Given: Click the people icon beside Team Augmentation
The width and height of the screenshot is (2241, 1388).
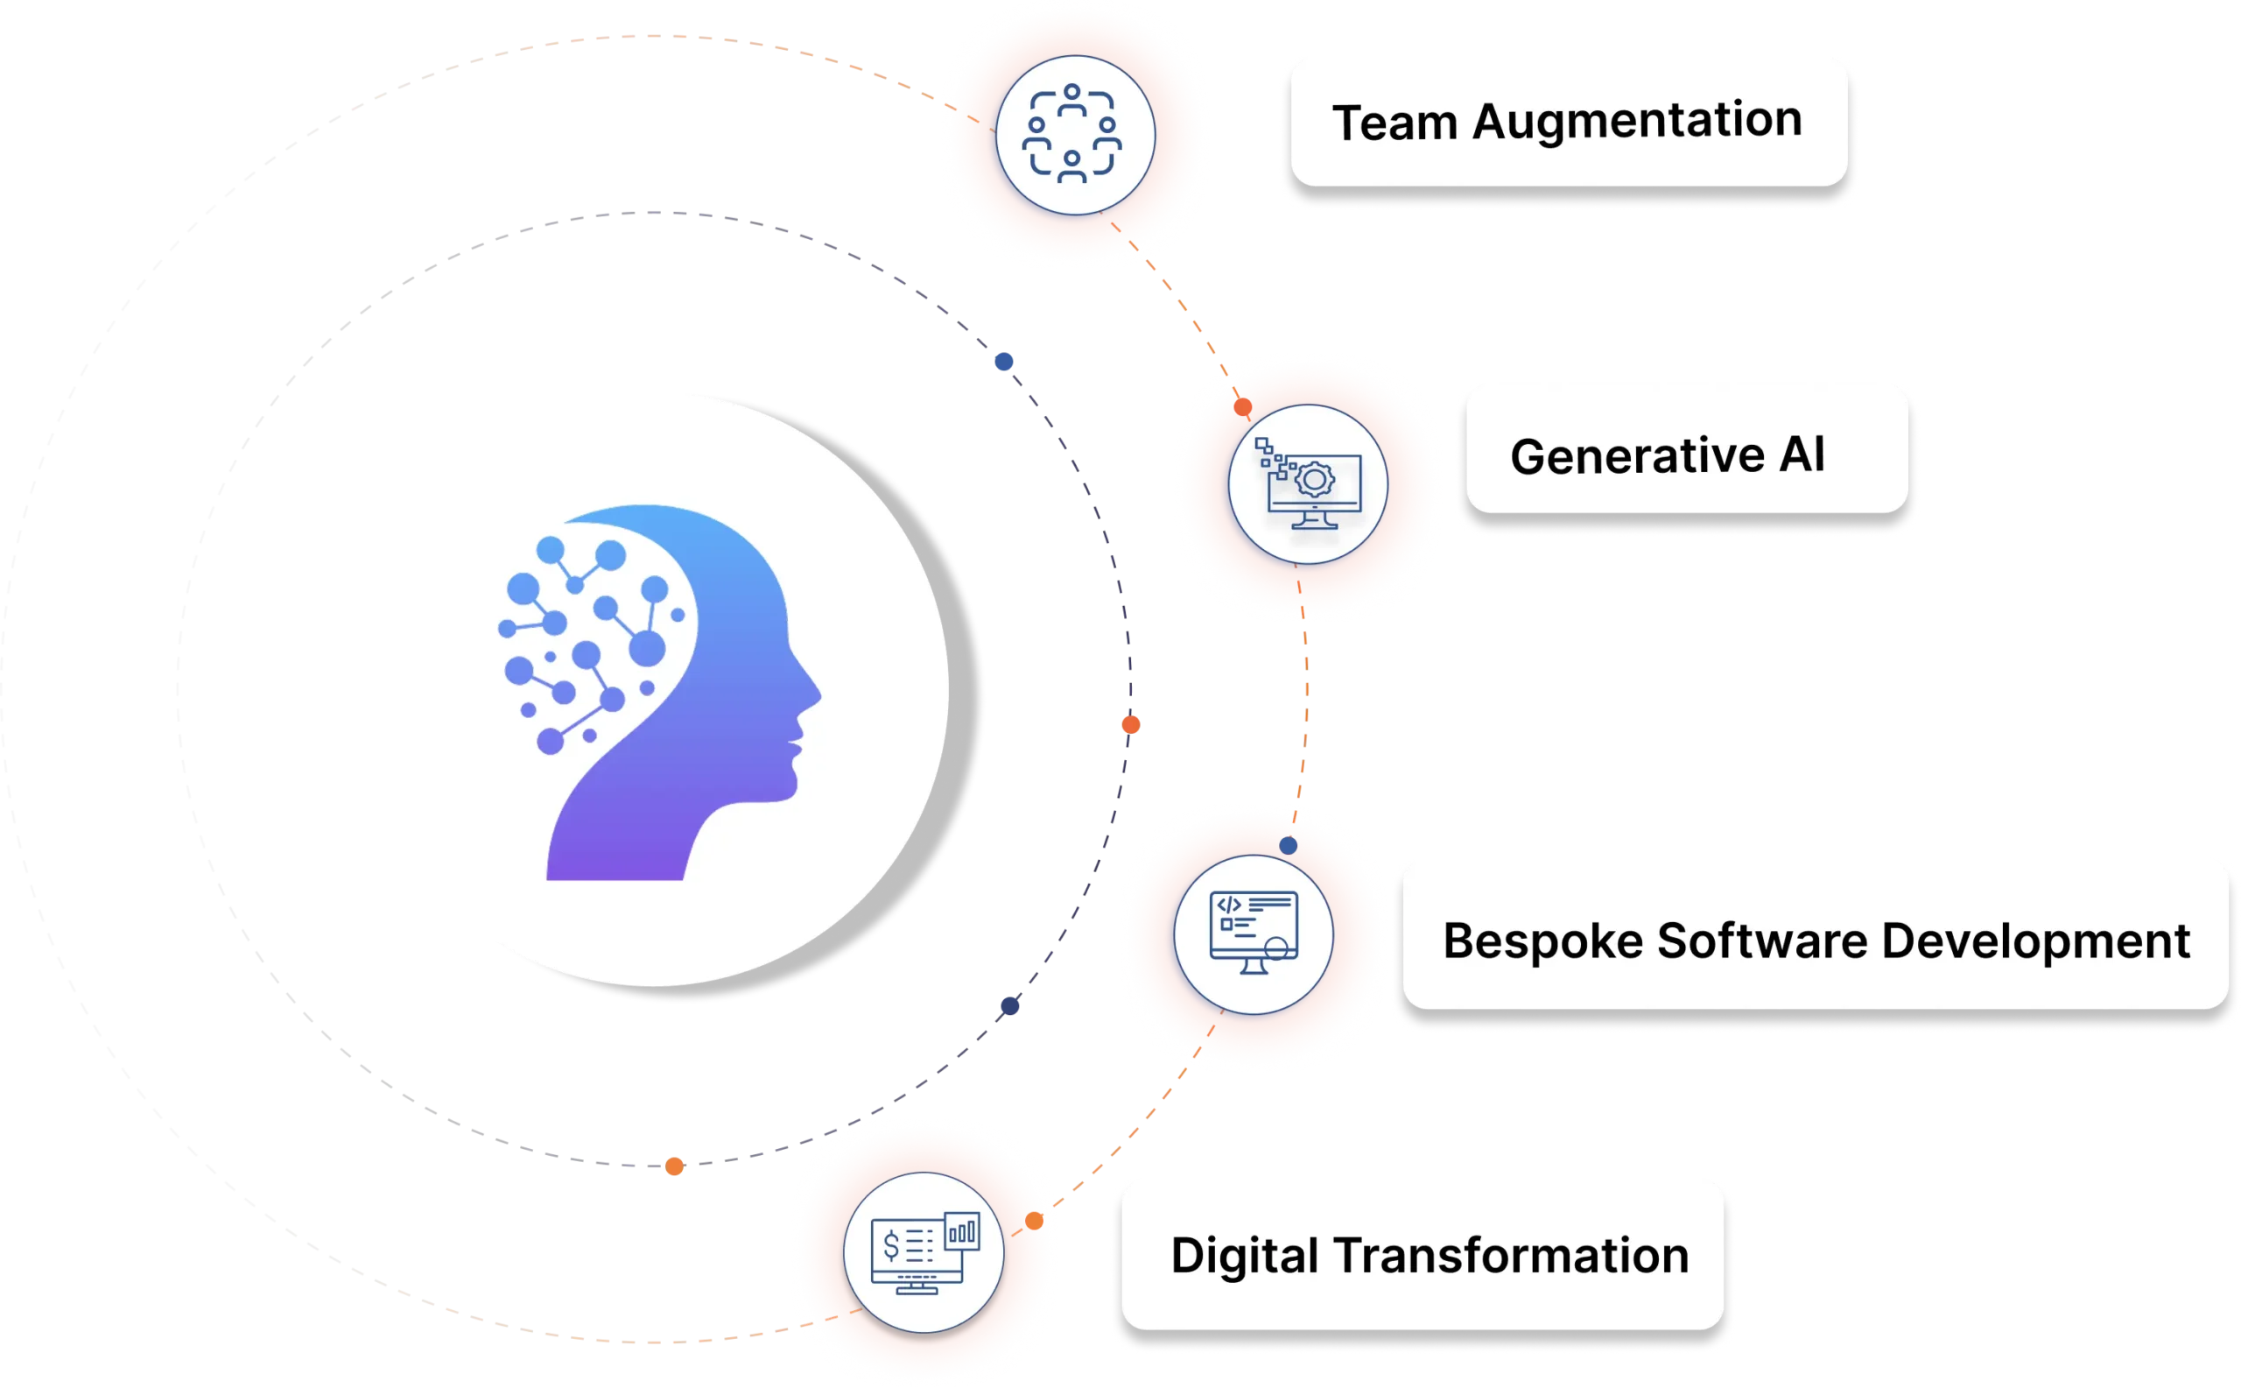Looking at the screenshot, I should tap(1072, 134).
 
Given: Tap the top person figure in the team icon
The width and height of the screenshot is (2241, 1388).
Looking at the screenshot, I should tap(1071, 98).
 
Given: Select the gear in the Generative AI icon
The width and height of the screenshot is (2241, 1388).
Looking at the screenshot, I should tap(1314, 479).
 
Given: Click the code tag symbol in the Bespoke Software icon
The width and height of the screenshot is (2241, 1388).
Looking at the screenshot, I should tap(1229, 905).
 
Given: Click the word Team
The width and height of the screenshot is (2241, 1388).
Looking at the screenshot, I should tap(1394, 123).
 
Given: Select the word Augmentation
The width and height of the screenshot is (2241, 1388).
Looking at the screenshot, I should tap(1637, 120).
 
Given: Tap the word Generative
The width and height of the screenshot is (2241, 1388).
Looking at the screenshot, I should tap(1637, 456).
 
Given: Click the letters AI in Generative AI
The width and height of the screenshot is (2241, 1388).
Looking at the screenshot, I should tap(1802, 454).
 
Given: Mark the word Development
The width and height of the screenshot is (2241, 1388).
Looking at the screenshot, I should tap(2035, 941).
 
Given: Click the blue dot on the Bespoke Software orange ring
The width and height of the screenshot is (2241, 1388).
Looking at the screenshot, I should tap(1289, 845).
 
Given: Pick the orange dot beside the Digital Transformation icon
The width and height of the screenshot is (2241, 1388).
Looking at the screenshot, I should tap(1034, 1221).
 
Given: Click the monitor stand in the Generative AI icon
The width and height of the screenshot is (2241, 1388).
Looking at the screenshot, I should tap(1313, 518).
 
